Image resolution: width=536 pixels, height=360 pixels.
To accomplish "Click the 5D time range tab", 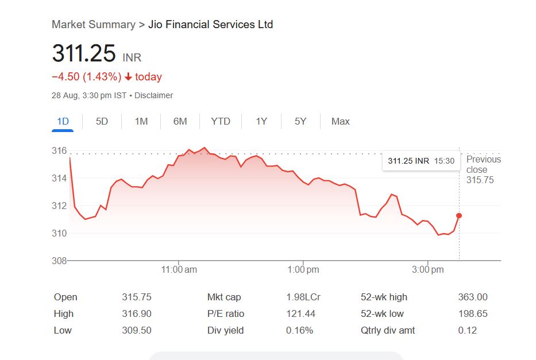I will pos(102,121).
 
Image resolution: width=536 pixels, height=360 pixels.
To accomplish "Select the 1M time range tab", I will pos(141,121).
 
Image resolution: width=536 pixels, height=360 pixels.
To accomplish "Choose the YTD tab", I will pos(221,121).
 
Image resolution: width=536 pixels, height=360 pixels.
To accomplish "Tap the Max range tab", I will pos(341,121).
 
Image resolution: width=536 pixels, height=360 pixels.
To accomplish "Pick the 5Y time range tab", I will pos(300,121).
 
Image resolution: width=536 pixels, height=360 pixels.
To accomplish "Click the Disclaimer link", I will pos(153,95).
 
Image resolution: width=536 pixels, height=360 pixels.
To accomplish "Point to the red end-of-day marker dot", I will pos(459,216).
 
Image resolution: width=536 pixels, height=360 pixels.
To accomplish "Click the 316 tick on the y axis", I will pos(59,151).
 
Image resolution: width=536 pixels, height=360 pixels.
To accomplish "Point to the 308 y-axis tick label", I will pos(59,261).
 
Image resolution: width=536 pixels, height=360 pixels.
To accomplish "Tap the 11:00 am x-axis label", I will pos(179,269).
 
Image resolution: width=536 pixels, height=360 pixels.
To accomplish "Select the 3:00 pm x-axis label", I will pos(429,269).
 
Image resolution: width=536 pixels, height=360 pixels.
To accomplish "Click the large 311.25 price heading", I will pos(84,53).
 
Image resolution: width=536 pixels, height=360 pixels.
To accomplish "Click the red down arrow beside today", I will pos(128,77).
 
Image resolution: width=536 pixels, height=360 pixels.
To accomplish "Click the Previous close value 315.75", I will pos(480,180).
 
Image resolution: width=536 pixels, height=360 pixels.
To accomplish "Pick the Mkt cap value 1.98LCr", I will pos(303,297).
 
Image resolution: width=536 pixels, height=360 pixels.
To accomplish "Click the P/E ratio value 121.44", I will pos(301,313).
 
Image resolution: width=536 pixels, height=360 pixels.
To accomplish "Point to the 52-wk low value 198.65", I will pos(473,313).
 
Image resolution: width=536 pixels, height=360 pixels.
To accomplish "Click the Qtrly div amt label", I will pos(388,330).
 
